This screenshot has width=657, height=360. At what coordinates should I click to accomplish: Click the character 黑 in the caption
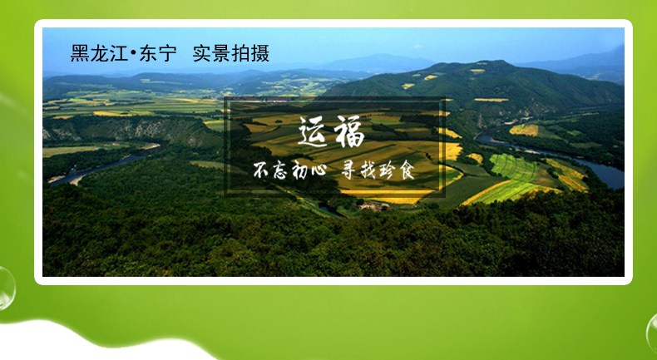click(80, 54)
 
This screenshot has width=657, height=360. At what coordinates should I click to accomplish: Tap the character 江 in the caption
click(119, 54)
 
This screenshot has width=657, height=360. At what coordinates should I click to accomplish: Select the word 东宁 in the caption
click(158, 54)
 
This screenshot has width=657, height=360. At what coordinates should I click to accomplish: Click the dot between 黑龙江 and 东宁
click(134, 54)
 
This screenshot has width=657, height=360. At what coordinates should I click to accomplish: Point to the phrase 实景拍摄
click(231, 54)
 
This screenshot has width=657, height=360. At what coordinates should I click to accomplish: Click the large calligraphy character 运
click(313, 131)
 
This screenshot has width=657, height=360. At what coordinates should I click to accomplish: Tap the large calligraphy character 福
click(348, 131)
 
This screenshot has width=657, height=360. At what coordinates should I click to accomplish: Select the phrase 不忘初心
click(289, 170)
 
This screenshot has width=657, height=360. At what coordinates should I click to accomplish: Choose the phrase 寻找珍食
click(378, 170)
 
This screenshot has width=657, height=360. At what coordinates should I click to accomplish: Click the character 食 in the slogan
click(406, 170)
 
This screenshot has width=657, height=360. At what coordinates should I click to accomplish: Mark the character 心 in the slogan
click(318, 171)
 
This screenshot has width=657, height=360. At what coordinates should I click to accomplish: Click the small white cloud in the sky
click(417, 46)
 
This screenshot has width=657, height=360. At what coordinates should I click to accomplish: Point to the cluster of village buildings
click(373, 205)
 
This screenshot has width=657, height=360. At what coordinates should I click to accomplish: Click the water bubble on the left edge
click(6, 288)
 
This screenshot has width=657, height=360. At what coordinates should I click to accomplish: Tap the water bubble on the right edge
click(651, 333)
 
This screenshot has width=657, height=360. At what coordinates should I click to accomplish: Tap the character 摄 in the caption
click(259, 54)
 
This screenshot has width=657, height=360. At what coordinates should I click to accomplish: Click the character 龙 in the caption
click(99, 54)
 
